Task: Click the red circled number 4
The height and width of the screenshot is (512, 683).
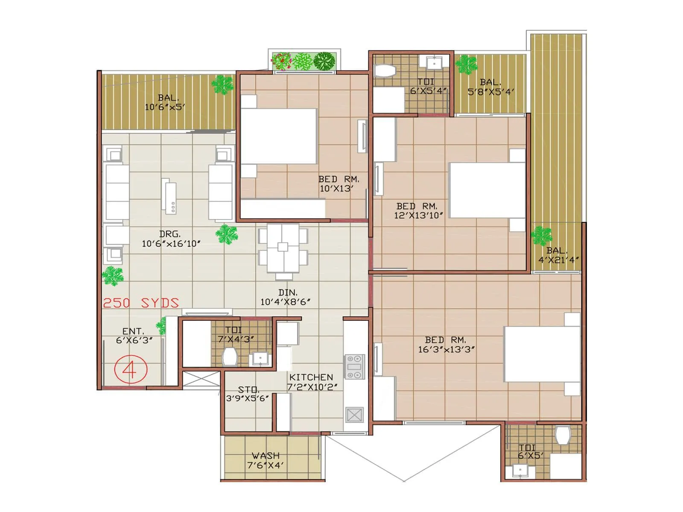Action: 131,369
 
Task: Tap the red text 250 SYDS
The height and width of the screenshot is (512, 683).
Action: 141,303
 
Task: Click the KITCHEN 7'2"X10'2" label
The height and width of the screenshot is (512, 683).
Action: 312,382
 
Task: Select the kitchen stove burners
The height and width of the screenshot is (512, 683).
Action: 354,367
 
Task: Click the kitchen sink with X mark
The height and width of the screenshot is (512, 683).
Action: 354,415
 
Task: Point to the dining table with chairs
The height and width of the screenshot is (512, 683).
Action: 283,248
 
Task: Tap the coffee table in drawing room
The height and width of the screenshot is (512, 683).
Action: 170,196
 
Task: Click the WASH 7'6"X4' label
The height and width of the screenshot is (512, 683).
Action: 266,460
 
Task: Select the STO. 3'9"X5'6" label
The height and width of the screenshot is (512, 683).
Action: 248,394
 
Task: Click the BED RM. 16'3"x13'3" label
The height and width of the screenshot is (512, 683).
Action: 446,345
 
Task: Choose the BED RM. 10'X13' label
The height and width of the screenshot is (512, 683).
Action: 338,184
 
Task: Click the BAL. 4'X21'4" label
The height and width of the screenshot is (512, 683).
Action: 558,255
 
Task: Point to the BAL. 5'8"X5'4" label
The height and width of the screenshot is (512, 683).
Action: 490,87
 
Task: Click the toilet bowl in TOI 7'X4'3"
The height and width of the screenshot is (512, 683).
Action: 230,357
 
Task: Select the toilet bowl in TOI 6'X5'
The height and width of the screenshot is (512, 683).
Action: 563,435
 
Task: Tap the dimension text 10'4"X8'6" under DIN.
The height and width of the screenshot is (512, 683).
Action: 285,302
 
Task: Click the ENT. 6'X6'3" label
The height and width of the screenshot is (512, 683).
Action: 134,336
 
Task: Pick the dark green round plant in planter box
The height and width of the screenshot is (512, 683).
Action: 324,61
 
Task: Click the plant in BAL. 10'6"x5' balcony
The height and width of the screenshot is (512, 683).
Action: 222,84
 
